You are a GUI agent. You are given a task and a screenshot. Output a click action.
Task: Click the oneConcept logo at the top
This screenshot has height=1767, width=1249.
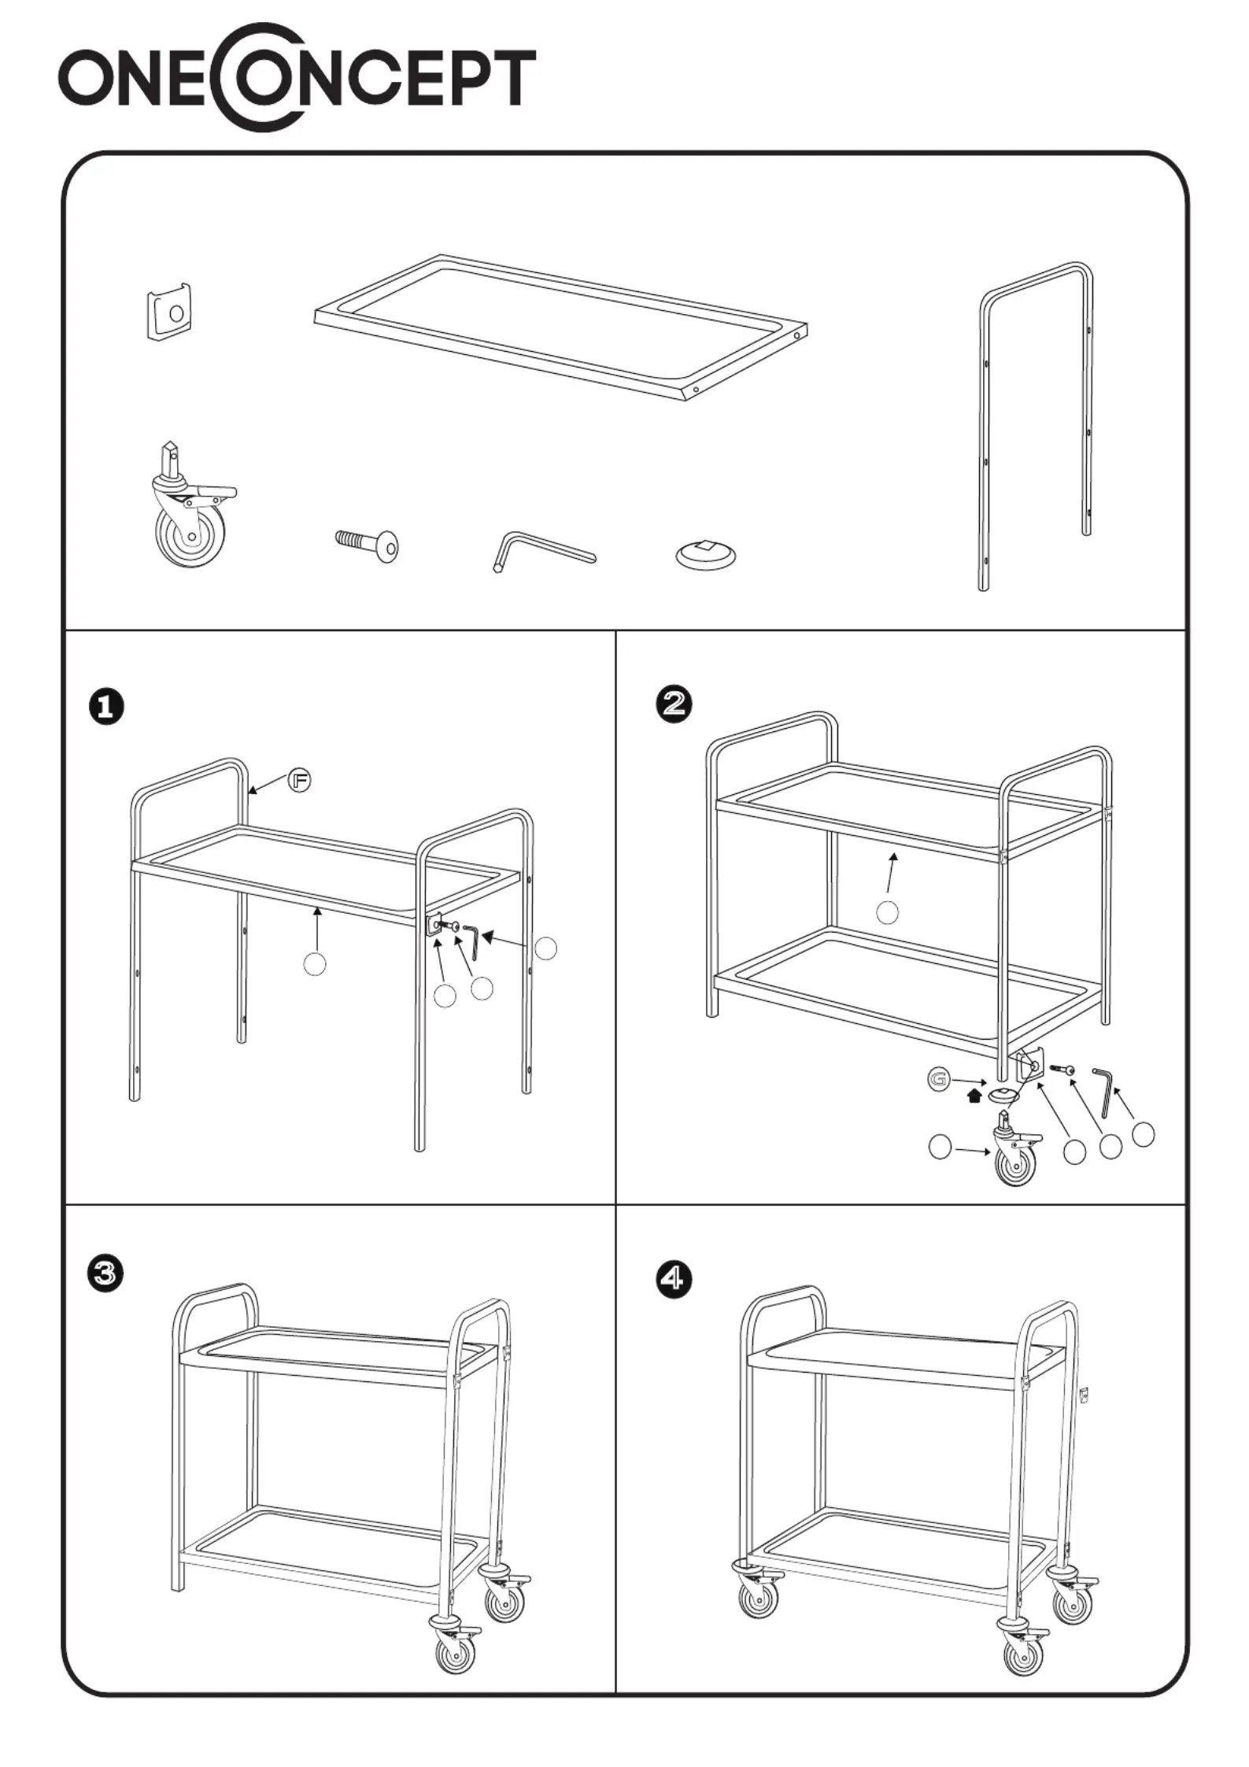(297, 77)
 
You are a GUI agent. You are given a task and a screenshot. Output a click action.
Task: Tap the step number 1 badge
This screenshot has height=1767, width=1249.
(106, 706)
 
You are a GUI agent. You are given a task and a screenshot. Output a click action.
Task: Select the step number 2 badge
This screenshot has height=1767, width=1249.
(674, 703)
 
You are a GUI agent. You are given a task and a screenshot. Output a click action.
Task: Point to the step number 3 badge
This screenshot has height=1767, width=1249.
(105, 1273)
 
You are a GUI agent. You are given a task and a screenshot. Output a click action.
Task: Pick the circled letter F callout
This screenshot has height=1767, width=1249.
(299, 780)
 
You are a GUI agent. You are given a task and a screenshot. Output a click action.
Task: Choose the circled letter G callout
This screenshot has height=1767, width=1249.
(938, 1079)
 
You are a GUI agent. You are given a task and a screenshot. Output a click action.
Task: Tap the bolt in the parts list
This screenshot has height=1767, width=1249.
(367, 544)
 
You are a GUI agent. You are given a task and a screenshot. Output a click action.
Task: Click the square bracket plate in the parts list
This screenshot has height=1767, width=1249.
(170, 312)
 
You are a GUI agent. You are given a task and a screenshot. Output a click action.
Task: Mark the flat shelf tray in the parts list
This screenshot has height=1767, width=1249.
(560, 330)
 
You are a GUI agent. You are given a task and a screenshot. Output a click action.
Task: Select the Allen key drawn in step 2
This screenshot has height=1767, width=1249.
(1104, 1091)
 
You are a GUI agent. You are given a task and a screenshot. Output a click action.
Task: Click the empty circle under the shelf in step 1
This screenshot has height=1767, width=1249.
(315, 963)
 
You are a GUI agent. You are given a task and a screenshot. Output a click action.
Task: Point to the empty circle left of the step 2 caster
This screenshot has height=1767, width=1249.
(940, 1147)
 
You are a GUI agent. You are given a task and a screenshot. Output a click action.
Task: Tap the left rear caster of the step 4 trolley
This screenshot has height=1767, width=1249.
(758, 1592)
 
